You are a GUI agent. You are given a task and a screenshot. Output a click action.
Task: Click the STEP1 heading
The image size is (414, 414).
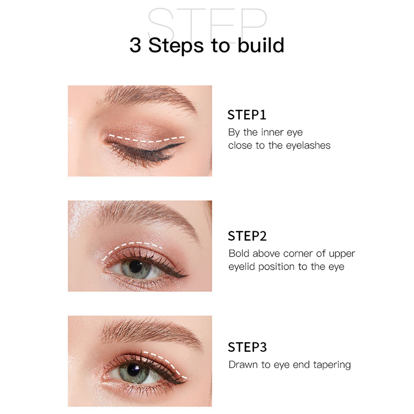pos(247,115)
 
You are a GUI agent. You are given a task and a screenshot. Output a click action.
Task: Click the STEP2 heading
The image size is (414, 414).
pos(247,236)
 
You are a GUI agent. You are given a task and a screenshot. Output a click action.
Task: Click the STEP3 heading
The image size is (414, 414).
pos(247,347)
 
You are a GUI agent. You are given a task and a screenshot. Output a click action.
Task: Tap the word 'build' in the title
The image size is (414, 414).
pos(261,45)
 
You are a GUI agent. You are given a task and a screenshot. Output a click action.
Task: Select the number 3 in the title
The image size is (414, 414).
pos(135,45)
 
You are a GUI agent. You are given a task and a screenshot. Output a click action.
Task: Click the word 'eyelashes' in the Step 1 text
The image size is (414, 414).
pos(308,145)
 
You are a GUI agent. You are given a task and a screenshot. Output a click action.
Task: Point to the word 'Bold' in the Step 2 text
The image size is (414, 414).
pos(239,254)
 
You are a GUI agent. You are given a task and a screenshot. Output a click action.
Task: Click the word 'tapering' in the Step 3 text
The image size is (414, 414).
pos(332,365)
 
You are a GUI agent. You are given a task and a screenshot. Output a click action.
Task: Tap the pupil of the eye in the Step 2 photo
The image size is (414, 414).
pos(136,267)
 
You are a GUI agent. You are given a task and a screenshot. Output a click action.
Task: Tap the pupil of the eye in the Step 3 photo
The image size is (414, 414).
pos(134,369)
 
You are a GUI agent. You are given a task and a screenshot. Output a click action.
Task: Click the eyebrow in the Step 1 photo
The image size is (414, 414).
pos(148,98)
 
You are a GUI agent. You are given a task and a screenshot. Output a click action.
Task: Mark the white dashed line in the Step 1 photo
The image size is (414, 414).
pos(147,139)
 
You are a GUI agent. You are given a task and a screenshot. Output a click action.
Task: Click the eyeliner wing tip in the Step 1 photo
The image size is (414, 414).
pos(184,143)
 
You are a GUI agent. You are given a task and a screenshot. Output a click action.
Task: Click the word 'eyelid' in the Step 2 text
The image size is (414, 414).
pos(242,267)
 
